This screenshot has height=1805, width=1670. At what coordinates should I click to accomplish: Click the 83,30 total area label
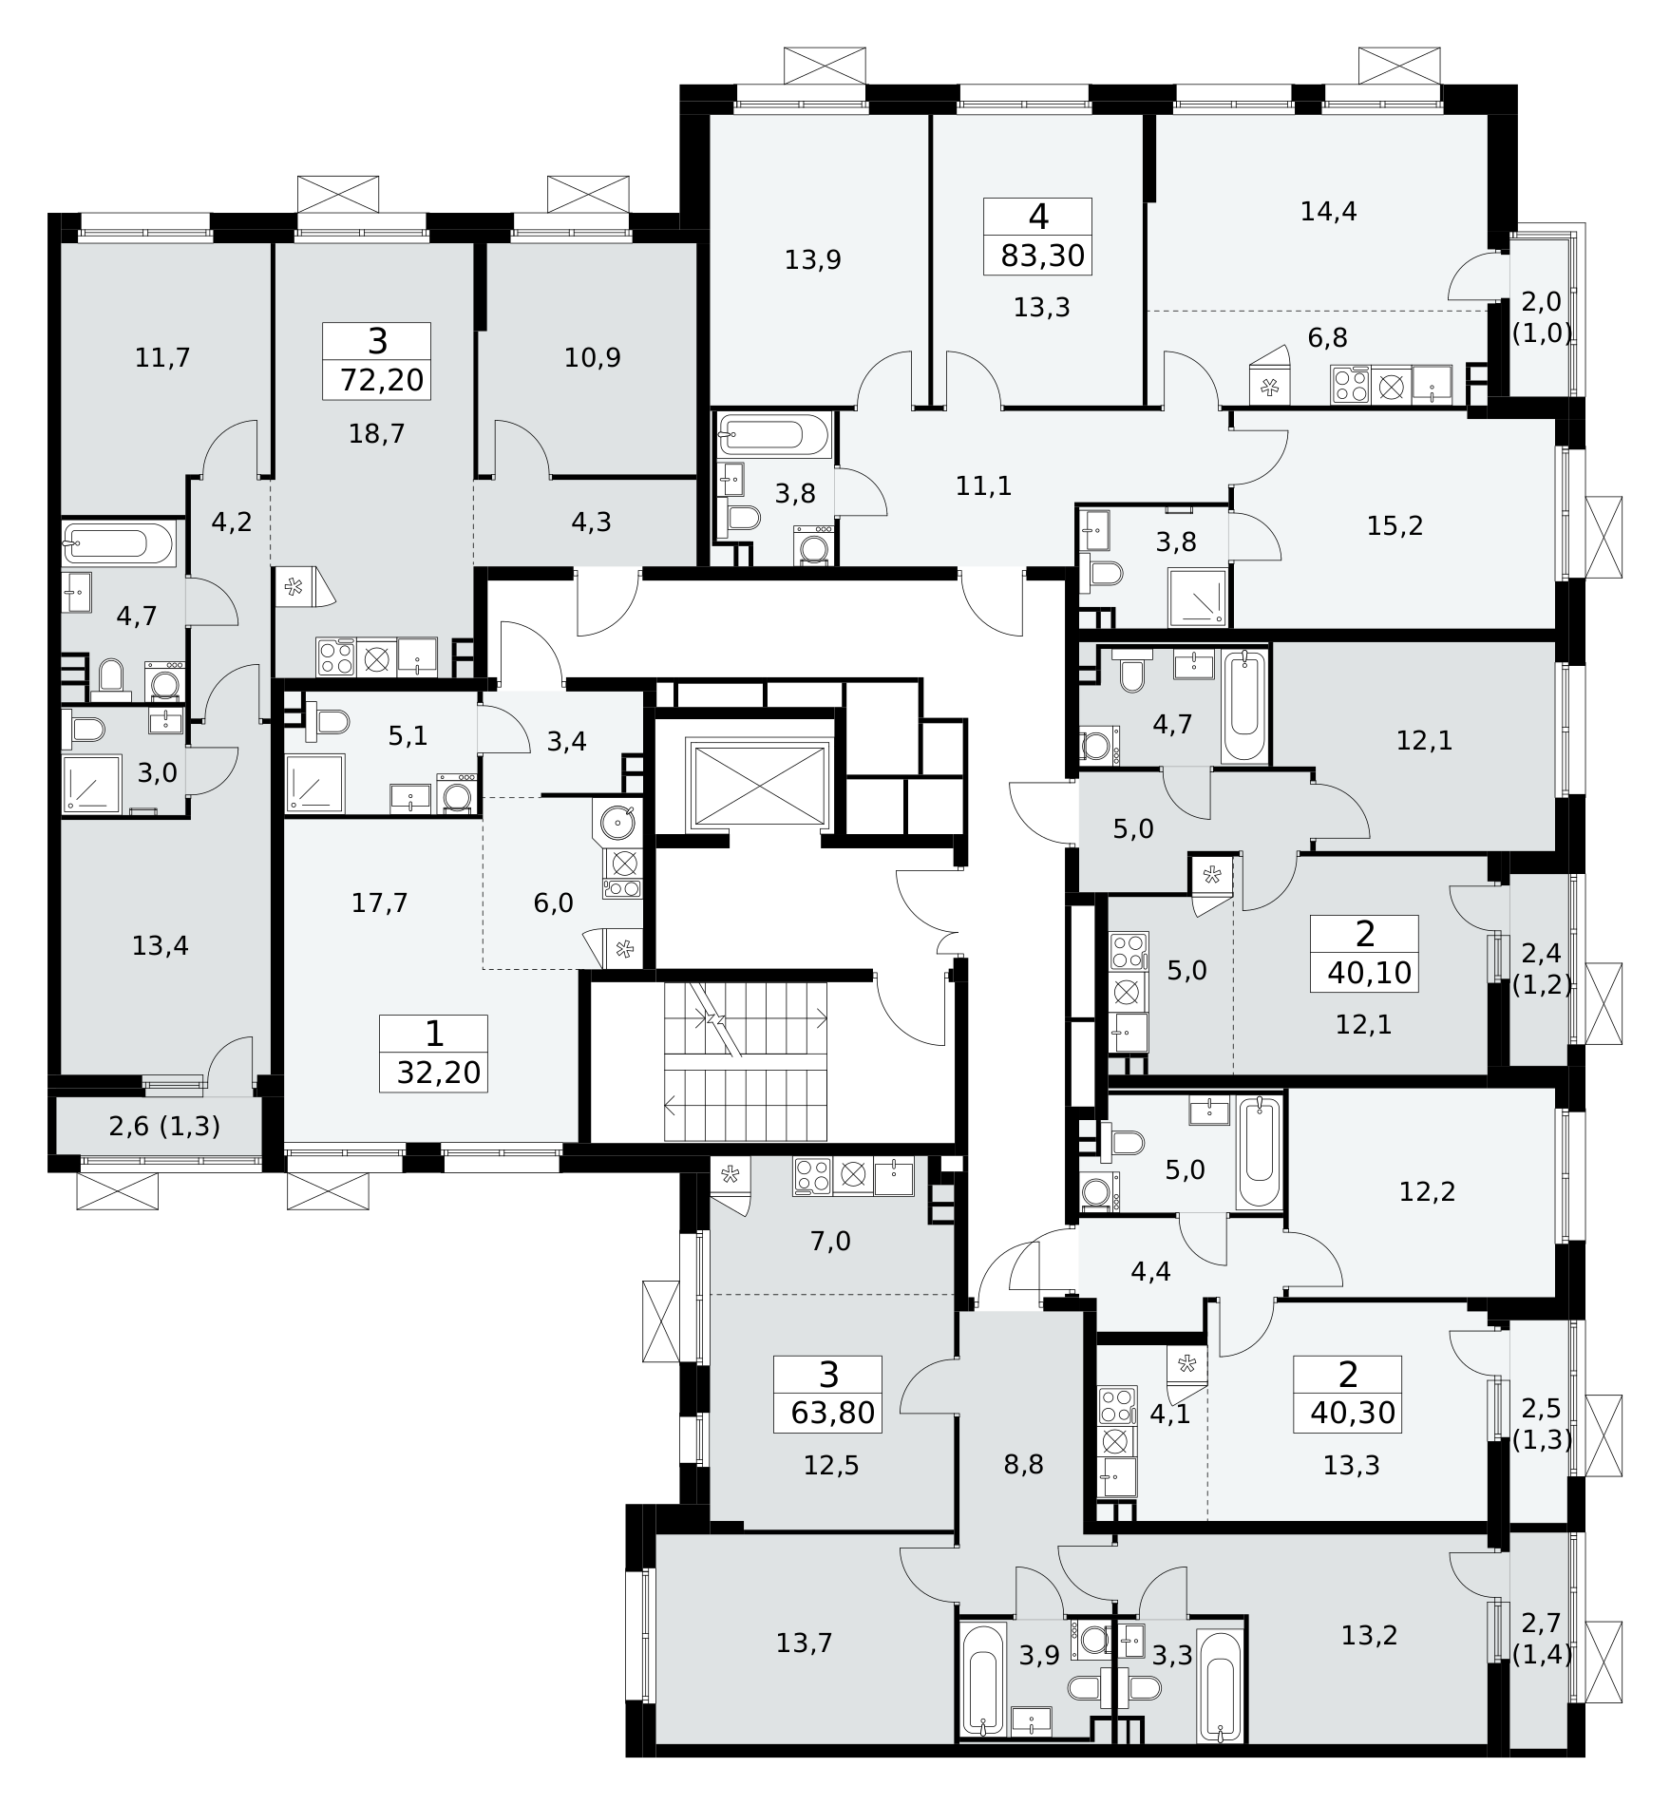1042,256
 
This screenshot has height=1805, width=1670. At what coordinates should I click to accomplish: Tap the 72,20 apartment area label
381,380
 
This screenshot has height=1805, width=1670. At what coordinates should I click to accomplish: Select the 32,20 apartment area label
438,1073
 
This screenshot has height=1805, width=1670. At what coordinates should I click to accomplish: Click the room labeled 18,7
377,434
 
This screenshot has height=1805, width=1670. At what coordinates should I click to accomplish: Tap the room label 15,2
1395,525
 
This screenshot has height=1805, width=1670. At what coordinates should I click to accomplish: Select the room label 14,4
1328,211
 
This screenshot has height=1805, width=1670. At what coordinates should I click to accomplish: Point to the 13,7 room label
805,1642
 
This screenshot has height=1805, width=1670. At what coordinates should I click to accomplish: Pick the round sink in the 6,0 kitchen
617,820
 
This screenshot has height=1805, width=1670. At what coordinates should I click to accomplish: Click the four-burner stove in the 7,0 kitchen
813,1175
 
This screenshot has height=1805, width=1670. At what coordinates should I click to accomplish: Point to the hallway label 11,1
983,486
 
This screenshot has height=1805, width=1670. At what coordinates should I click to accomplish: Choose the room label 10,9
592,358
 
